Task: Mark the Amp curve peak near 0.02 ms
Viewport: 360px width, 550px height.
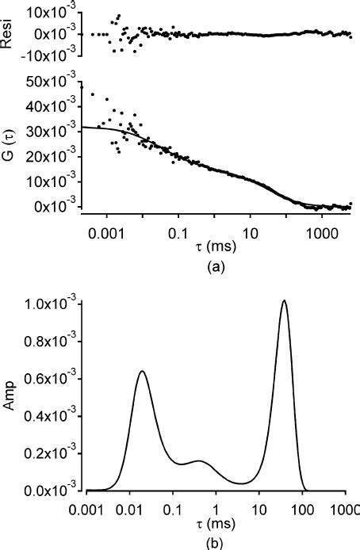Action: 142,371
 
